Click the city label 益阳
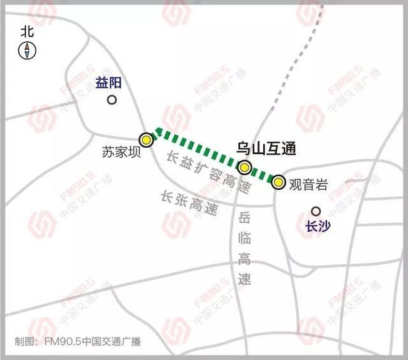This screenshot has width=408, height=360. tap(108, 82)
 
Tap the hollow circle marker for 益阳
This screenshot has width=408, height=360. tap(112, 100)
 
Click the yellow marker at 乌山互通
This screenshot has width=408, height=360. tap(244, 168)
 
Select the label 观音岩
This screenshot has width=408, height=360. tap(309, 185)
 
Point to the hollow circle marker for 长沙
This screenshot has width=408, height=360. tap(315, 211)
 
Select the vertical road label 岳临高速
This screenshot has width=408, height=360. tap(244, 249)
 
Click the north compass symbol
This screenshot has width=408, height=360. tap(27, 50)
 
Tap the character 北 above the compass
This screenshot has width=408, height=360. tap(27, 31)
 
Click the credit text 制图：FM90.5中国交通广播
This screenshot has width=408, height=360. tap(77, 342)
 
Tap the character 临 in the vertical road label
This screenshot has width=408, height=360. tap(244, 240)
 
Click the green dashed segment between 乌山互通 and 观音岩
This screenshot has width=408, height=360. tap(262, 175)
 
